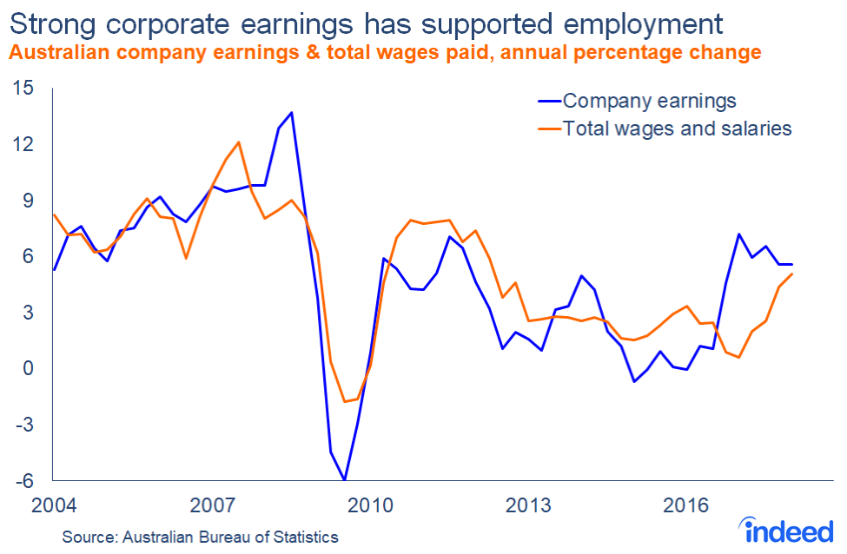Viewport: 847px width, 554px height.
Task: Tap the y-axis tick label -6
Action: click(x=23, y=481)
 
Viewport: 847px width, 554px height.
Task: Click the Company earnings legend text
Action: click(x=650, y=101)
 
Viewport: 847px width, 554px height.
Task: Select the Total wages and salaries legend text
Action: click(x=678, y=129)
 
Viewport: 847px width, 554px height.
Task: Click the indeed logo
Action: click(x=786, y=528)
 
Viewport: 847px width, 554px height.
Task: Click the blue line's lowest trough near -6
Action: click(x=345, y=479)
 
